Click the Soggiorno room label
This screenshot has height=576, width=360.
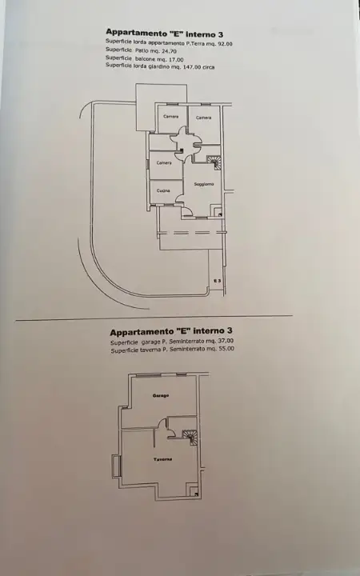203,185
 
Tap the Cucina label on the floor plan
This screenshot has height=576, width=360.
162,190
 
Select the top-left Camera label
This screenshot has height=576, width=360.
170,118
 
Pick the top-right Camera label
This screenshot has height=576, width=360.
204,118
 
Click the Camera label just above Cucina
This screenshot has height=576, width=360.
164,162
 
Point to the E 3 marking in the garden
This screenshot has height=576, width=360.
217,280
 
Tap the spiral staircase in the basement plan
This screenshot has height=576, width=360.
190,437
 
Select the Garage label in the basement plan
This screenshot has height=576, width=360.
161,395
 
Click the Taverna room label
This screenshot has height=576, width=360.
163,459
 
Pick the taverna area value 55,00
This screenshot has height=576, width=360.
222,350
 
